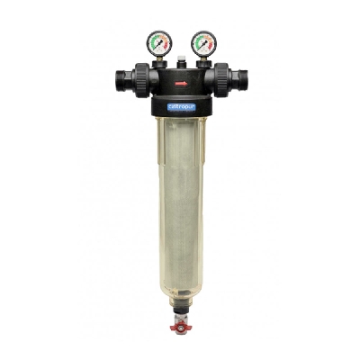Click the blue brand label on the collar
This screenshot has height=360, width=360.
point(180,107)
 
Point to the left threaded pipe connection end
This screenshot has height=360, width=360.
point(120,82)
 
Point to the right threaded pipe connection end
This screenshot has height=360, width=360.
point(240,82)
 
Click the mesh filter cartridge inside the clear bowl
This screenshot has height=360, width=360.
point(180,198)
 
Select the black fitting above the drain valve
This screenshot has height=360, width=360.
point(180,307)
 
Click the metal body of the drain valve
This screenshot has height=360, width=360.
point(180,319)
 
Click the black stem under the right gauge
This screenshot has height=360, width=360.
point(203,64)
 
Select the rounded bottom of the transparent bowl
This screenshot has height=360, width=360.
point(180,290)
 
